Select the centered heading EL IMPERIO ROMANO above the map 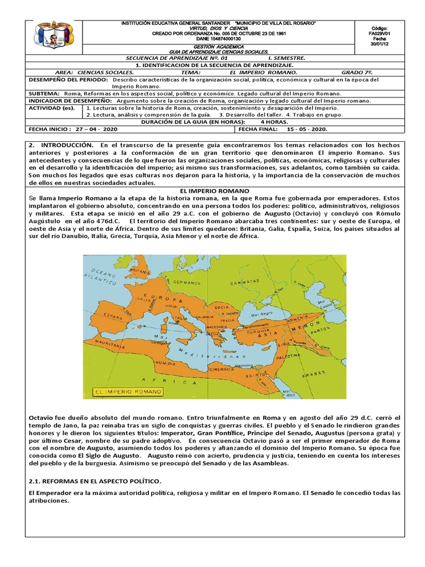coord(212,190)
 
